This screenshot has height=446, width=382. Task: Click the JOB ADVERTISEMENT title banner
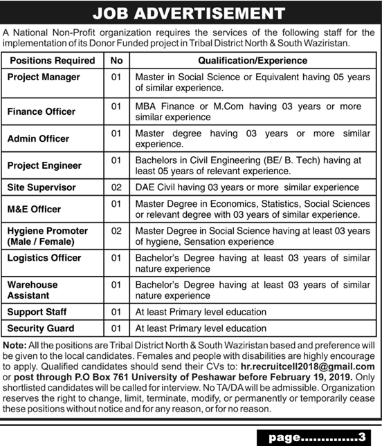[191, 13]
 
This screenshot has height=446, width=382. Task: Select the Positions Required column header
[51, 61]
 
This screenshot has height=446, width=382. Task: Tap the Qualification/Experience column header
[251, 61]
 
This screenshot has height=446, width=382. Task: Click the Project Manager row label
[44, 77]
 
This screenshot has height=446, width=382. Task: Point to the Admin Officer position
[38, 138]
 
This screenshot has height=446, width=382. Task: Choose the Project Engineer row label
[44, 166]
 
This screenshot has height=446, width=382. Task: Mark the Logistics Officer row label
[44, 258]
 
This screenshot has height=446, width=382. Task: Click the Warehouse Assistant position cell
[33, 289]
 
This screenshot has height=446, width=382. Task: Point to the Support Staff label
[37, 313]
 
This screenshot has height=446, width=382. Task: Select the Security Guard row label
[40, 328]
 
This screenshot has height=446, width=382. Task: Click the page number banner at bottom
[315, 436]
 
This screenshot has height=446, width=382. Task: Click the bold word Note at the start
[14, 344]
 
